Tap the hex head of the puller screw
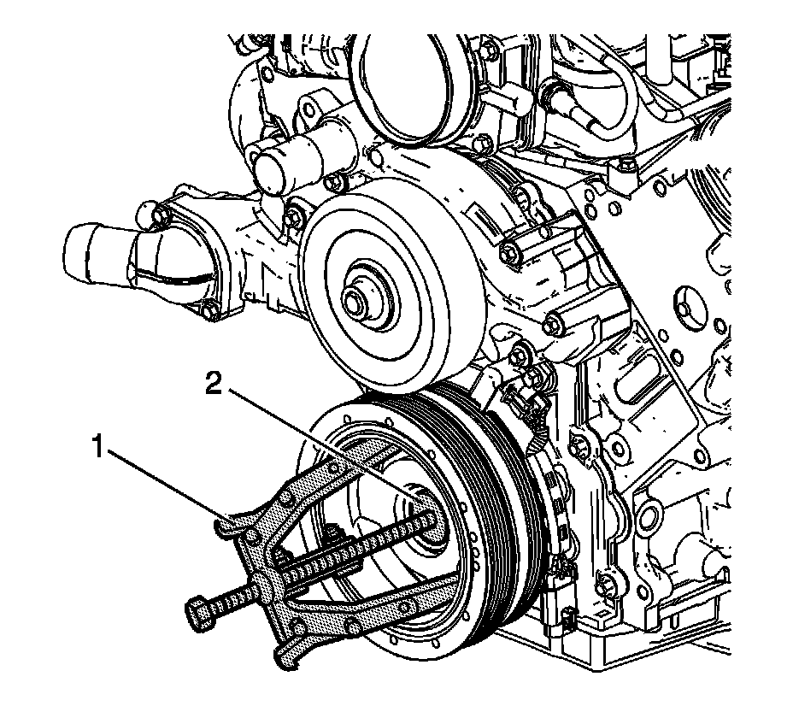tap(197, 612)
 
